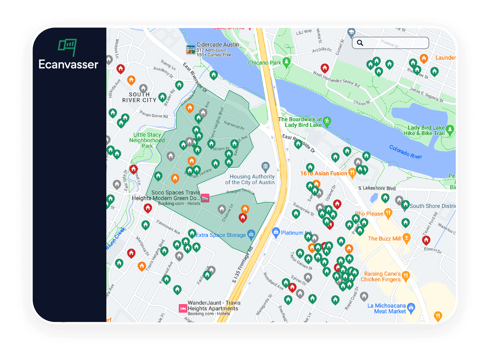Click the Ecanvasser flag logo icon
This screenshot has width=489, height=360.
[67, 46]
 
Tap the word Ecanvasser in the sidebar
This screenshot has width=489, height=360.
[68, 64]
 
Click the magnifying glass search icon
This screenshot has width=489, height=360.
[360, 43]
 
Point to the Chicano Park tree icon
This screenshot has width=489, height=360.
[287, 62]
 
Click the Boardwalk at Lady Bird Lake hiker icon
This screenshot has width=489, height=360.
[327, 121]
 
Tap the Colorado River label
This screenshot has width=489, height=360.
[406, 152]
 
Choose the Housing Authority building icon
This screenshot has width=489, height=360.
[266, 167]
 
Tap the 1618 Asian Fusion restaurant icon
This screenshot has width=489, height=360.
[352, 173]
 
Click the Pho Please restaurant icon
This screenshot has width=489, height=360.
[388, 213]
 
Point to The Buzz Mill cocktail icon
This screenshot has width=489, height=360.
[407, 238]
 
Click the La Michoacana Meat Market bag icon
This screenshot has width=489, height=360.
[411, 307]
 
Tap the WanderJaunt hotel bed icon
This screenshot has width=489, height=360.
[183, 308]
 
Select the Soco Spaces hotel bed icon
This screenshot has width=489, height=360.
[205, 198]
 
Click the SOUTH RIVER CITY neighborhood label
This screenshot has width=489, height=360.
[139, 97]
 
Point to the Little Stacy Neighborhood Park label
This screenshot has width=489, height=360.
[147, 140]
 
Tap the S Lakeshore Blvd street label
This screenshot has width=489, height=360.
[377, 188]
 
